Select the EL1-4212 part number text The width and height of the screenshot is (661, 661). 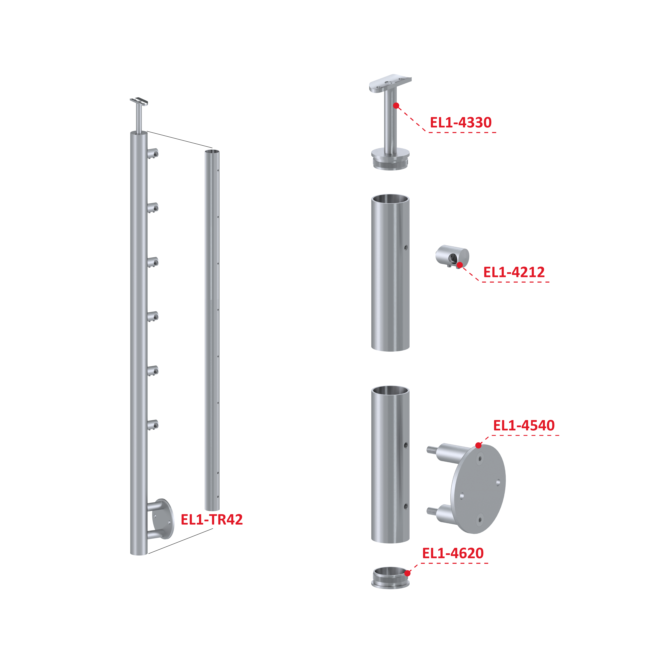coord(514,272)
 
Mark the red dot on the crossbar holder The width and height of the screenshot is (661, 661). coord(460,265)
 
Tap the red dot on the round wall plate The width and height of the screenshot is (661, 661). coord(478,445)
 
